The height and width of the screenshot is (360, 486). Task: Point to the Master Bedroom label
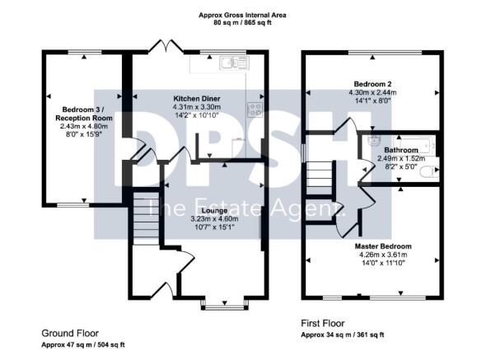[x=385, y=246]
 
